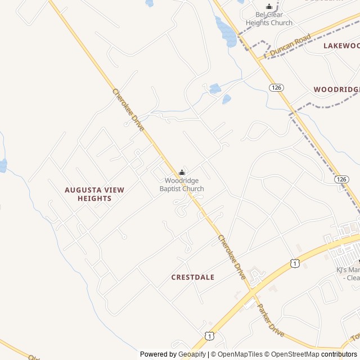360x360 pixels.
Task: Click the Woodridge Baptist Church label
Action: click(x=182, y=184)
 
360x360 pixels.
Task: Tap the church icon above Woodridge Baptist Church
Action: click(x=182, y=172)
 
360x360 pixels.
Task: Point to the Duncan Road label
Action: click(x=290, y=46)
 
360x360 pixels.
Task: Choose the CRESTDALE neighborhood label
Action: click(x=193, y=277)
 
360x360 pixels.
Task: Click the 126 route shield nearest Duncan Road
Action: click(x=276, y=88)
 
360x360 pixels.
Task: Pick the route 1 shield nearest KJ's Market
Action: click(x=295, y=263)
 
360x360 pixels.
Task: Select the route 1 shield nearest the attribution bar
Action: click(x=209, y=336)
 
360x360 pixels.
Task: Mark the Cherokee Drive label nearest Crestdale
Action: click(x=232, y=257)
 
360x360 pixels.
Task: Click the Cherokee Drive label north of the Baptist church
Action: click(x=128, y=110)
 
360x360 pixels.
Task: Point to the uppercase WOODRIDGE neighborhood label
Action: click(x=336, y=89)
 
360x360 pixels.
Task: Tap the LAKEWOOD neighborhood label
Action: click(x=341, y=46)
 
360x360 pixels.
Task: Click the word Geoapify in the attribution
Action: click(x=192, y=354)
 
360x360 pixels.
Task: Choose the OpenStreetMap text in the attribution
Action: click(x=291, y=354)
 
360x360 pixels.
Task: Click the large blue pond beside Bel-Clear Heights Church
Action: click(x=227, y=31)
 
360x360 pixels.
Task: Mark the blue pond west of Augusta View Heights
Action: click(x=2, y=166)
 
